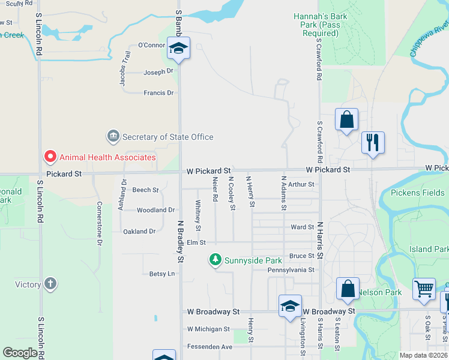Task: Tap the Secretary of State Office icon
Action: tap(113, 137)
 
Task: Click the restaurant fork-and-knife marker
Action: tap(373, 143)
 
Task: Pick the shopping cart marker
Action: tap(424, 289)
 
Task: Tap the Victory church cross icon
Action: tap(50, 284)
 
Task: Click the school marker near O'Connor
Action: tap(178, 48)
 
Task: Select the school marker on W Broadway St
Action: tap(290, 306)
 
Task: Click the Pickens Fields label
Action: tap(418, 193)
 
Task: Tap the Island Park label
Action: tap(429, 249)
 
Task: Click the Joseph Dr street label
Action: tap(158, 72)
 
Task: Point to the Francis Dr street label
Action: tap(158, 93)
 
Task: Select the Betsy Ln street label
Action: tap(161, 274)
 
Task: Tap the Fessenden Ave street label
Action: tap(209, 347)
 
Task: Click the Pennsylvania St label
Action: tap(291, 270)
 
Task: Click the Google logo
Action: tap(20, 353)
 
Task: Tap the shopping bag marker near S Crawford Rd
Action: tap(347, 119)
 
